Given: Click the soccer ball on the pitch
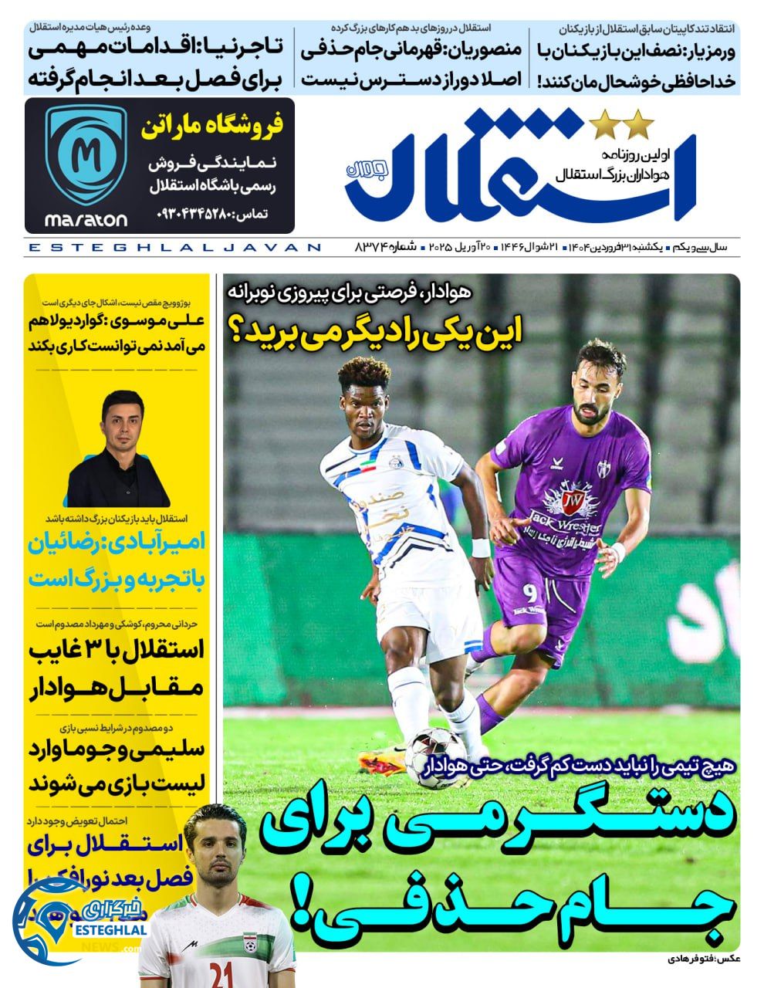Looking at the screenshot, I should click(436, 748).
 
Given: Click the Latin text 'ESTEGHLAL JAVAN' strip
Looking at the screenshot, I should click(174, 247).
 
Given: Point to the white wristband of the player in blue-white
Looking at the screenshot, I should click(480, 548).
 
